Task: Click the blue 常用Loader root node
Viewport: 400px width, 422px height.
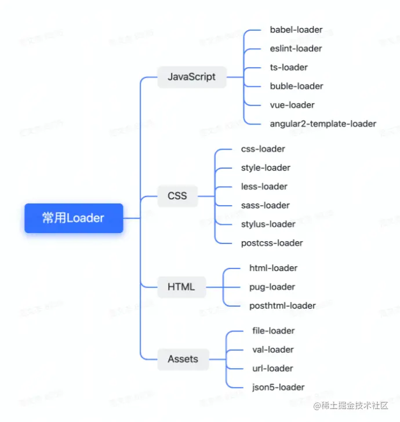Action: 74,218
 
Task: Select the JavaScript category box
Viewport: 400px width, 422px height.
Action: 191,77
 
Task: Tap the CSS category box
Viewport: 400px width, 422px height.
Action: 177,195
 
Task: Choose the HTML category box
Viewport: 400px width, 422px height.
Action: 181,286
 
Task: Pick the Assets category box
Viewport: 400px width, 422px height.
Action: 183,359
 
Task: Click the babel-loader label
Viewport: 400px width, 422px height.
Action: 296,30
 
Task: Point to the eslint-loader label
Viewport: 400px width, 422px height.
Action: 296,49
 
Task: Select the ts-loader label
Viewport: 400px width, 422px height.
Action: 289,67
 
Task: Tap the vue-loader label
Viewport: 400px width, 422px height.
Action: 292,105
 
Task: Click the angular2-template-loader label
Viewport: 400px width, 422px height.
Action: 323,123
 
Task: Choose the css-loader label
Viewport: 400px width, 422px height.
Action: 263,149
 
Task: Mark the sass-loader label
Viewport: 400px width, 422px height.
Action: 266,205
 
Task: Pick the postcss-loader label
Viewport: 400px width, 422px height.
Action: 272,243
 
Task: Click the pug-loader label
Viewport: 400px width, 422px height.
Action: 272,287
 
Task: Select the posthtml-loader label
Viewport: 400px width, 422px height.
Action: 283,305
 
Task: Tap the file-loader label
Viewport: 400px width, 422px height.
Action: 274,330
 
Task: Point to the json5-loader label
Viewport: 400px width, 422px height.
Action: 278,387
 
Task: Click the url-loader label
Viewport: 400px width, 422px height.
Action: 273,368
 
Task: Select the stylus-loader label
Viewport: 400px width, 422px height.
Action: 268,224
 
